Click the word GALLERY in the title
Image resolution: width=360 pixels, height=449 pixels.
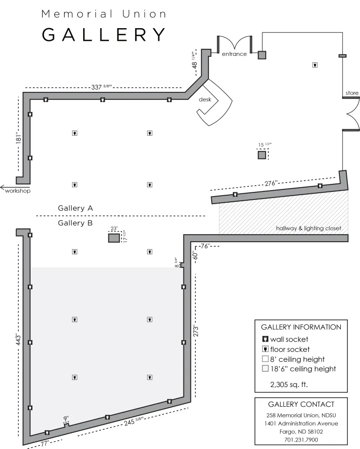pyautogui.click(x=104, y=35)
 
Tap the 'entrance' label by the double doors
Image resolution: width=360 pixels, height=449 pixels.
pyautogui.click(x=234, y=54)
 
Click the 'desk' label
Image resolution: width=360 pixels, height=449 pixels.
pyautogui.click(x=205, y=99)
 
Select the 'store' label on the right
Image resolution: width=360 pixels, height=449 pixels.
pyautogui.click(x=352, y=93)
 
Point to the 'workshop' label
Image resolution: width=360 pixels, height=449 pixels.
pyautogui.click(x=18, y=190)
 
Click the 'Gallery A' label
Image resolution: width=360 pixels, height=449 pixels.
pyautogui.click(x=76, y=207)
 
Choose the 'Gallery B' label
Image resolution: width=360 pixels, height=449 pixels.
pyautogui.click(x=75, y=223)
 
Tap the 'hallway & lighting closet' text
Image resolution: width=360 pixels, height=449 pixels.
pyautogui.click(x=308, y=228)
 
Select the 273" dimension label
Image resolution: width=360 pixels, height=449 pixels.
pyautogui.click(x=196, y=331)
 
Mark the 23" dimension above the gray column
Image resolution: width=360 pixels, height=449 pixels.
pyautogui.click(x=114, y=229)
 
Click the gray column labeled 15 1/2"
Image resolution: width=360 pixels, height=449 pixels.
pyautogui.click(x=262, y=155)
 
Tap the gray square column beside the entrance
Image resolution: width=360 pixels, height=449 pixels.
pyautogui.click(x=262, y=55)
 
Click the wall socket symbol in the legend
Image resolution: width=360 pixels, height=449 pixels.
pyautogui.click(x=265, y=339)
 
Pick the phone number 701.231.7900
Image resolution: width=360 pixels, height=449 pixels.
pyautogui.click(x=301, y=440)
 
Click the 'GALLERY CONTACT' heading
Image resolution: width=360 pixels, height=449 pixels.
pyautogui.click(x=301, y=404)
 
